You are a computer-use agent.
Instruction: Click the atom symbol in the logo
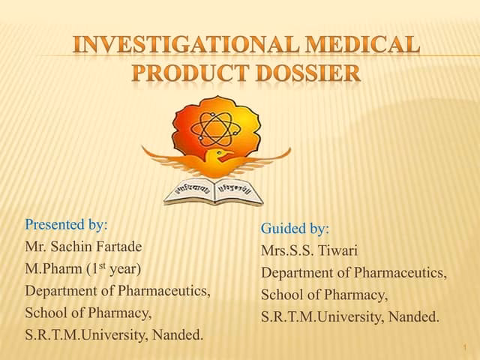tap(216, 127)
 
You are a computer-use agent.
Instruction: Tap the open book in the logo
tap(214, 190)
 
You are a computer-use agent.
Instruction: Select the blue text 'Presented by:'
tap(66, 224)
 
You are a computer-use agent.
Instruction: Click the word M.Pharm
tap(51, 268)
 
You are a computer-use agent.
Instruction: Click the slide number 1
tap(465, 347)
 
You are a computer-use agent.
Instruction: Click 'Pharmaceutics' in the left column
tap(163, 290)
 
